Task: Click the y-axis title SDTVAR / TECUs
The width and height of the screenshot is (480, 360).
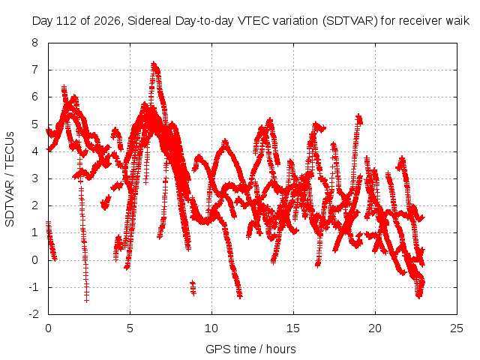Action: click(x=10, y=179)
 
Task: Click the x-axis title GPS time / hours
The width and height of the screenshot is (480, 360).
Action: click(x=250, y=349)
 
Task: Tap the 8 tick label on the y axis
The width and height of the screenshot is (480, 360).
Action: click(x=34, y=43)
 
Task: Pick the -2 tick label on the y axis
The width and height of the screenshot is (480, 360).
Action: click(x=34, y=314)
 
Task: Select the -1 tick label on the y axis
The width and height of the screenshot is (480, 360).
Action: click(x=34, y=287)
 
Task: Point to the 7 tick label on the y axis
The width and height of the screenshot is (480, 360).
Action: click(x=34, y=70)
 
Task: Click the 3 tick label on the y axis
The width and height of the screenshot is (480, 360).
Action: click(x=34, y=178)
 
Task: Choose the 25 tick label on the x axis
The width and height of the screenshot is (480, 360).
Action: click(x=457, y=328)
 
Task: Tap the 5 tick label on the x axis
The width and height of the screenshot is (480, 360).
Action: click(x=130, y=328)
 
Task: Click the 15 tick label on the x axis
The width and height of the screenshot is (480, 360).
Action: click(x=293, y=328)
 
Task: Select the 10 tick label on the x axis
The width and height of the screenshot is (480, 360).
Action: click(x=211, y=328)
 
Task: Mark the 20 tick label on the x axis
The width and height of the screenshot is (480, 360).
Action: click(x=375, y=328)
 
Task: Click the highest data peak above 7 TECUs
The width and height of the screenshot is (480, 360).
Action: click(x=154, y=64)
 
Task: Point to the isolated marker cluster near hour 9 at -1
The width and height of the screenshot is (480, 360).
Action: click(x=193, y=288)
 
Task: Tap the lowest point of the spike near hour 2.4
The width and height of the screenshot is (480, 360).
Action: click(x=87, y=301)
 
